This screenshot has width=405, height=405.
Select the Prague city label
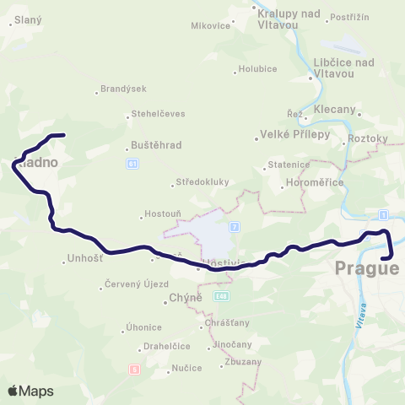(x=366, y=269)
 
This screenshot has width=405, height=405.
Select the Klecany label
(x=334, y=110)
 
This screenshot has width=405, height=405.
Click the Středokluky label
(x=201, y=181)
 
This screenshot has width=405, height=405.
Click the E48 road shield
(x=221, y=296)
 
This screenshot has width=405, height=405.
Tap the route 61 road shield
(x=132, y=164)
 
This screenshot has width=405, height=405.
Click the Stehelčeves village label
(x=156, y=114)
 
